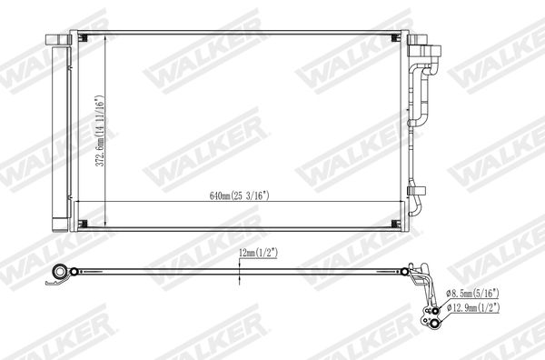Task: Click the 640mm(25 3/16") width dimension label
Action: (x=240, y=195)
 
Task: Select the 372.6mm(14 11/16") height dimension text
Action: (x=100, y=131)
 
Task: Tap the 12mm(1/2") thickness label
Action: (x=258, y=254)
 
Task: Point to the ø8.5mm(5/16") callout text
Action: (x=472, y=294)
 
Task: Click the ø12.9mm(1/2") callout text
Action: (x=473, y=307)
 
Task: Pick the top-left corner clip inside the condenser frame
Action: (x=82, y=37)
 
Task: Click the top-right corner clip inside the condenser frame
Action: (x=395, y=37)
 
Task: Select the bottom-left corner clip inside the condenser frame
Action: (x=83, y=224)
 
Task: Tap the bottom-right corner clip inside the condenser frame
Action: (x=395, y=224)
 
